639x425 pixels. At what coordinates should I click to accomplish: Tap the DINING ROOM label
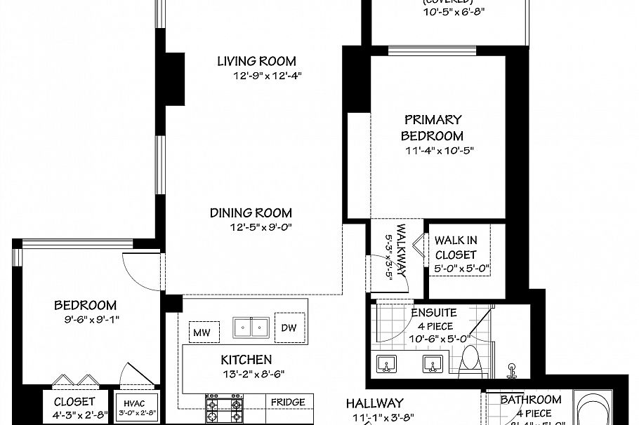(x=251, y=212)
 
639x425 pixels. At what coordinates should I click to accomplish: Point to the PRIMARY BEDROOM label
(x=432, y=128)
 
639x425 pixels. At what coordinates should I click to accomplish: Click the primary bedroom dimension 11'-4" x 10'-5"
(x=435, y=150)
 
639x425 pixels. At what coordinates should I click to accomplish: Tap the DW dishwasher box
(x=290, y=328)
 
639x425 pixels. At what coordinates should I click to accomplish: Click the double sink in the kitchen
(x=251, y=328)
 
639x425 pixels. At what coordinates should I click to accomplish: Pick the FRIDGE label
(x=289, y=402)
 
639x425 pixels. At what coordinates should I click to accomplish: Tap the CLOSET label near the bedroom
(x=74, y=402)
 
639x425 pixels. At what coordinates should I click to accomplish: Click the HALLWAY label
(x=374, y=403)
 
